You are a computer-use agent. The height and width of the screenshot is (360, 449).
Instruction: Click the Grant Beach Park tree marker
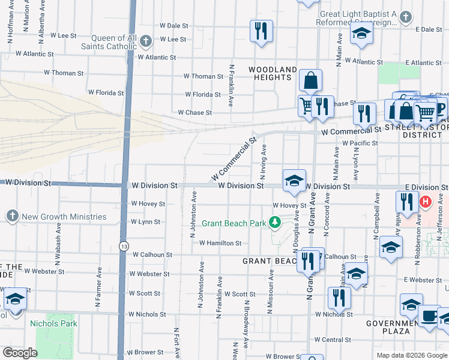[275, 223]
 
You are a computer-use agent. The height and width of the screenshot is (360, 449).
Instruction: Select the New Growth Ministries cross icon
[12, 217]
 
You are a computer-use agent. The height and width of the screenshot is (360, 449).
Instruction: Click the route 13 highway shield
[123, 246]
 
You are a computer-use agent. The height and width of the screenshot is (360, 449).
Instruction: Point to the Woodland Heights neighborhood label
[273, 73]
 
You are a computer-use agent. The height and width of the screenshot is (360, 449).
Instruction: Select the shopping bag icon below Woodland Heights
[310, 80]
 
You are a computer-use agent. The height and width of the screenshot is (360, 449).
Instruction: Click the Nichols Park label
[53, 323]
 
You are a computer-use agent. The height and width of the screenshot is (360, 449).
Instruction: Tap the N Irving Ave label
[263, 162]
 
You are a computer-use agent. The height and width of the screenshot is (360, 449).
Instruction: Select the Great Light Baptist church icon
[406, 17]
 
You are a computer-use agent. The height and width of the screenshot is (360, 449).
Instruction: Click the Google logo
[20, 353]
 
